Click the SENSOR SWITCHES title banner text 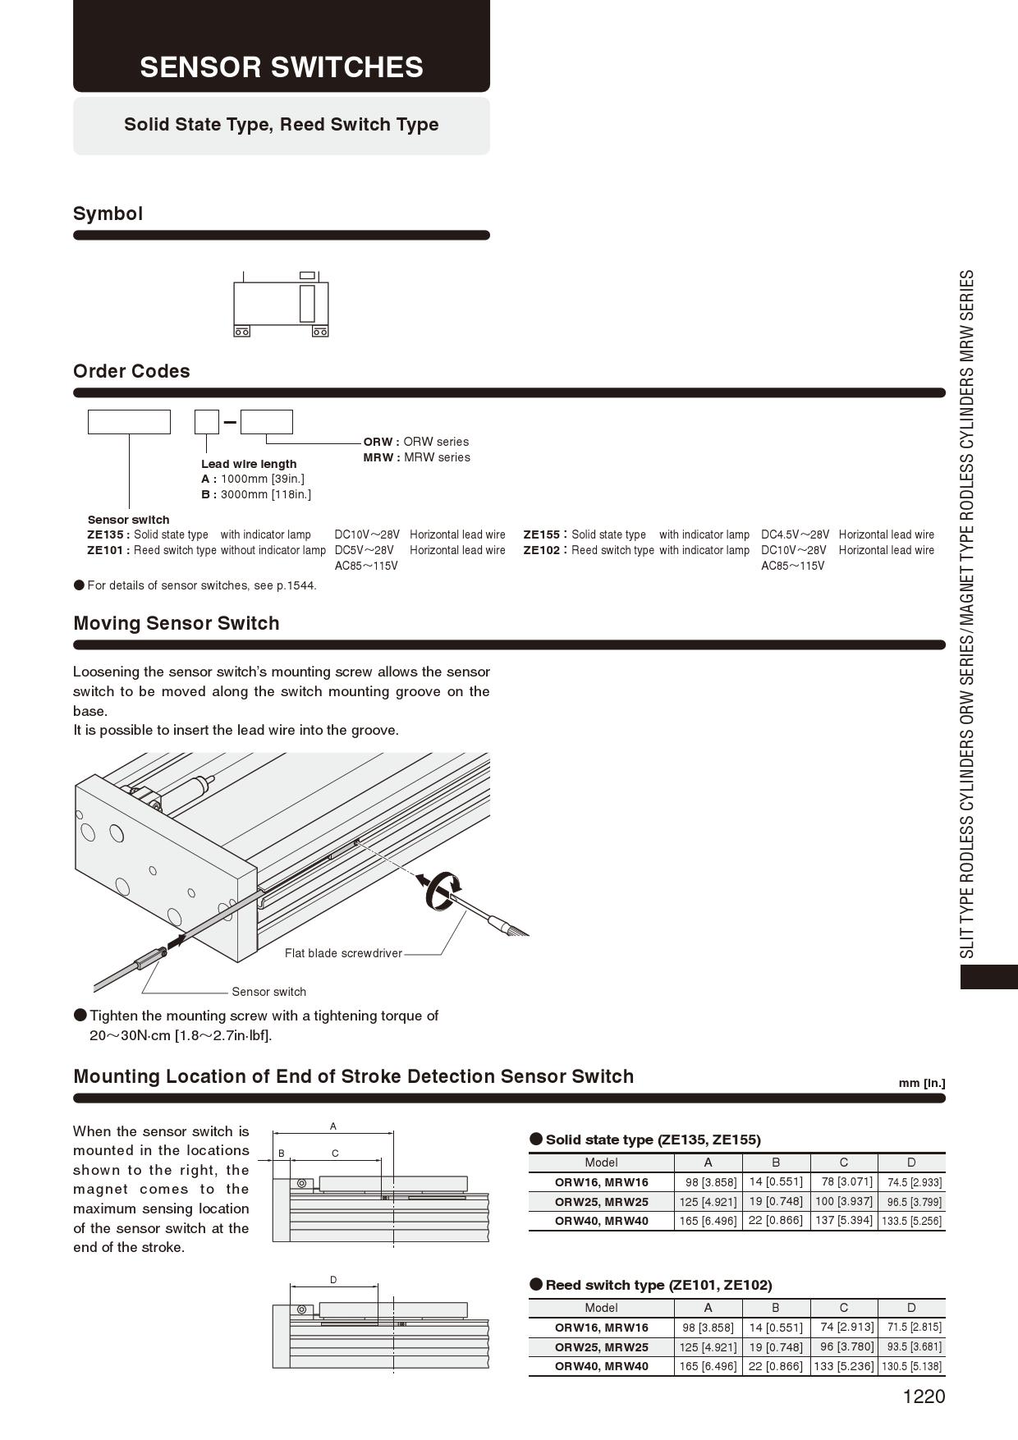[x=281, y=66]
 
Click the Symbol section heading [x=108, y=213]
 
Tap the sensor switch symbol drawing [x=281, y=305]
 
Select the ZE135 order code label [x=108, y=534]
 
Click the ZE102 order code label [x=542, y=550]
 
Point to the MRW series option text [x=417, y=457]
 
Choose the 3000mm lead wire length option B [x=256, y=494]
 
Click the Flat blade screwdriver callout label [x=343, y=953]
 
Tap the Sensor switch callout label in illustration [x=268, y=992]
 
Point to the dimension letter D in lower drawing [x=333, y=1280]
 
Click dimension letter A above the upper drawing [x=333, y=1126]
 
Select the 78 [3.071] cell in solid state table [x=843, y=1181]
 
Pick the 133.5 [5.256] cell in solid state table [x=911, y=1221]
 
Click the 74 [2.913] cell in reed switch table [x=843, y=1327]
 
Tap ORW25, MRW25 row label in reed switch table [x=601, y=1347]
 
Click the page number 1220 [x=924, y=1396]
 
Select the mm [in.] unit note [x=921, y=1083]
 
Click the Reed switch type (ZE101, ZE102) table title [x=658, y=1285]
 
